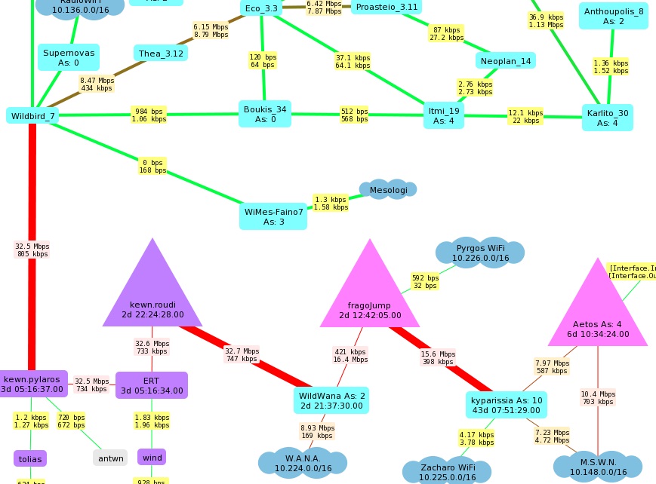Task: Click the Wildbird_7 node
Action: [x=32, y=115]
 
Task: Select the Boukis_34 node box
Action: [x=264, y=114]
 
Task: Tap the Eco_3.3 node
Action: [x=261, y=8]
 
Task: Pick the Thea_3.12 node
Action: [x=161, y=53]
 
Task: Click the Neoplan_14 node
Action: [x=505, y=60]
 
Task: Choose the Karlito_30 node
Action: [x=607, y=118]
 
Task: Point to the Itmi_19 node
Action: [x=443, y=115]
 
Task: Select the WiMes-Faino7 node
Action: [x=273, y=216]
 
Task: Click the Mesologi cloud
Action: [x=388, y=190]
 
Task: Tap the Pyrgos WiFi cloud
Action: [x=480, y=253]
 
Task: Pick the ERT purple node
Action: [x=151, y=384]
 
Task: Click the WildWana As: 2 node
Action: [x=332, y=400]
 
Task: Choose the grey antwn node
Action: [x=111, y=458]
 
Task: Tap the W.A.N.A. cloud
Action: [x=303, y=462]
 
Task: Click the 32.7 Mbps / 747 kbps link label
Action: [x=242, y=354]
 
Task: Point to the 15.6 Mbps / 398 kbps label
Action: [x=437, y=357]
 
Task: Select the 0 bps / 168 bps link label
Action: [x=152, y=166]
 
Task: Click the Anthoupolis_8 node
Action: [x=613, y=16]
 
